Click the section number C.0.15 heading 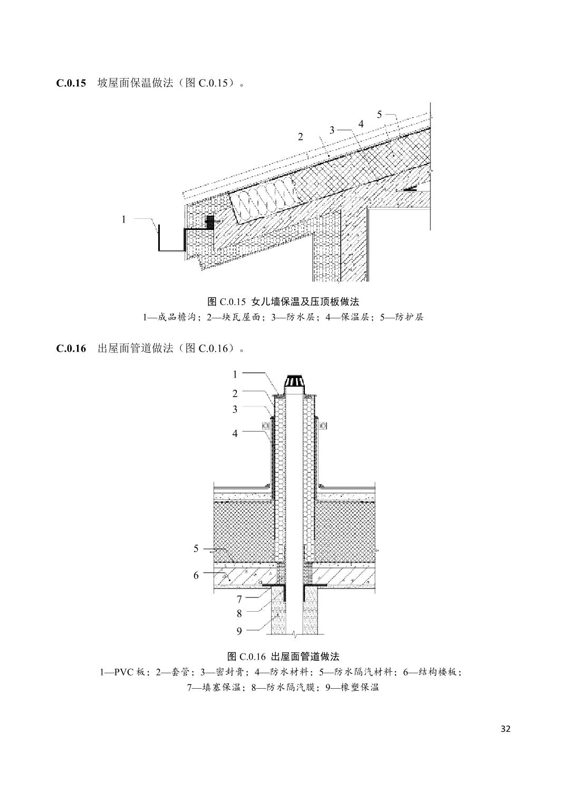tap(71, 83)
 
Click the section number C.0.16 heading tap(71, 349)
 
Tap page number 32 tap(505, 729)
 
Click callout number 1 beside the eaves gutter tap(124, 219)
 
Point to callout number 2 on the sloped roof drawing tap(301, 137)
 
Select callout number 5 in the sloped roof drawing tap(379, 114)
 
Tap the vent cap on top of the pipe tap(293, 382)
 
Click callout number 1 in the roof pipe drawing tap(235, 374)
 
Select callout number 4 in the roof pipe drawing tap(235, 433)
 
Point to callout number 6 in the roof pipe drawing tap(196, 575)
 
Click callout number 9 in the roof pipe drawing tap(239, 631)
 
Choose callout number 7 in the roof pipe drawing tap(239, 599)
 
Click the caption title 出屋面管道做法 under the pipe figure tap(305, 657)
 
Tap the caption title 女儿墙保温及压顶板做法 tap(305, 302)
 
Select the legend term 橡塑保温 tap(361, 688)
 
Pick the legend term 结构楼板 tap(440, 672)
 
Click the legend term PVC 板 tap(129, 672)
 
